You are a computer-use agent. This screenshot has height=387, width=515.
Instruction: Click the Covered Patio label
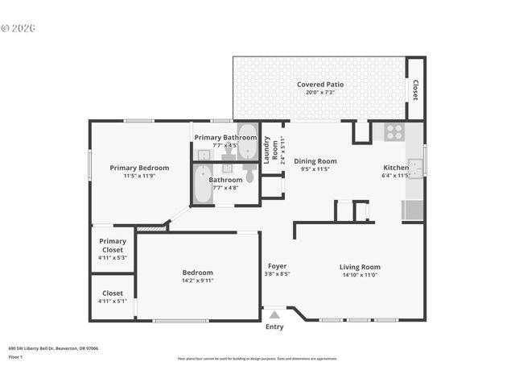tap(321, 84)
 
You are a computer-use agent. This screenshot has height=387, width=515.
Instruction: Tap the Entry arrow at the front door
tap(274, 315)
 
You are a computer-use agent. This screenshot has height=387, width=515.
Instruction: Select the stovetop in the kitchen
tap(393, 132)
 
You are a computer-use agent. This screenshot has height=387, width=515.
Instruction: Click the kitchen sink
tap(414, 168)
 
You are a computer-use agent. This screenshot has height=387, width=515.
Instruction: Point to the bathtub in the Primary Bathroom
tap(247, 141)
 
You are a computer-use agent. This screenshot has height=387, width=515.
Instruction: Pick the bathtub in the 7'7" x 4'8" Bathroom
tap(204, 184)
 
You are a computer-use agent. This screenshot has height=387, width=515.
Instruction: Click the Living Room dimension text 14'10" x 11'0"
tap(360, 275)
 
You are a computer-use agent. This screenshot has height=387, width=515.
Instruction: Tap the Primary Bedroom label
tap(139, 168)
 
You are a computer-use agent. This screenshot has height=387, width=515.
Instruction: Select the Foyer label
tap(277, 266)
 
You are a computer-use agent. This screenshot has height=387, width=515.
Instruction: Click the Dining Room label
tap(315, 161)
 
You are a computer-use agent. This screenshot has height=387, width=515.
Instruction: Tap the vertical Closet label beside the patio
tap(415, 89)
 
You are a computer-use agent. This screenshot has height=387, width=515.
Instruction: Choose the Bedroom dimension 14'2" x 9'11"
tap(197, 281)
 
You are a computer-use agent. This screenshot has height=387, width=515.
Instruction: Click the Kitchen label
tap(396, 168)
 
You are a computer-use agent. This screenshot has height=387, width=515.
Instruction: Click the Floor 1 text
tap(15, 356)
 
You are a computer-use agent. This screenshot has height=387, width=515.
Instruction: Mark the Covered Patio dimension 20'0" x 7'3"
tap(321, 92)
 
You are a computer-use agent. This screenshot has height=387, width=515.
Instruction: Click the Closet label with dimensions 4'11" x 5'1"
tap(113, 293)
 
